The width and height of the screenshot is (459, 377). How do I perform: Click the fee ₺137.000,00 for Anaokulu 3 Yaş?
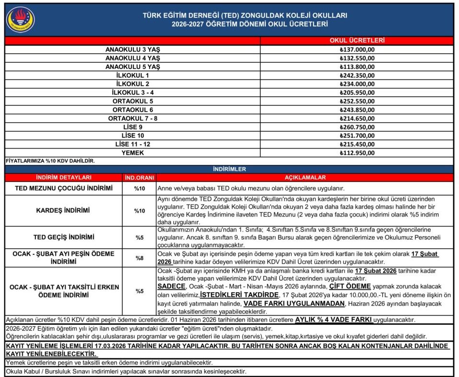(357, 50)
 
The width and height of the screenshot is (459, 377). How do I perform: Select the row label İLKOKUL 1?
(133, 76)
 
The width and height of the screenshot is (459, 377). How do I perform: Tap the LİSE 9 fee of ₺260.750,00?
(357, 127)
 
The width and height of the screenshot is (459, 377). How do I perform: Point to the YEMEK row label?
(133, 153)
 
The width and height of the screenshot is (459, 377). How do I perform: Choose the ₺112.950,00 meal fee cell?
(357, 153)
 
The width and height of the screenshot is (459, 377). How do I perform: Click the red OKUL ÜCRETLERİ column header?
(357, 41)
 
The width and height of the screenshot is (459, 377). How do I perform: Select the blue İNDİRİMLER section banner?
(229, 169)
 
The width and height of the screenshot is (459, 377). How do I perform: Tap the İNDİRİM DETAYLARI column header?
(64, 178)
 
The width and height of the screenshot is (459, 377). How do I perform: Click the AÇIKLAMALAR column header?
(305, 178)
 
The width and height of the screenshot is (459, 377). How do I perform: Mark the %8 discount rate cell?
(139, 258)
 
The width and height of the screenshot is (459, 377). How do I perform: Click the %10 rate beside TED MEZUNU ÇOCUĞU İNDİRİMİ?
(139, 188)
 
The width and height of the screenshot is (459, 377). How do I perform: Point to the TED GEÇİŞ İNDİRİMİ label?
(64, 237)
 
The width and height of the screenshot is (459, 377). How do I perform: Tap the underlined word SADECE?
(171, 286)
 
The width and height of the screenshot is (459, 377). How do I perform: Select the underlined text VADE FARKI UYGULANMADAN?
(294, 303)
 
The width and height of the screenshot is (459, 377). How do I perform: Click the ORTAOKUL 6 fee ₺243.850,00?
(357, 110)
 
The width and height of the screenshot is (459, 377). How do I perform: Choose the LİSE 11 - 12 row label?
(133, 145)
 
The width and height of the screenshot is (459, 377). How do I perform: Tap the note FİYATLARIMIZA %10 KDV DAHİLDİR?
(50, 161)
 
